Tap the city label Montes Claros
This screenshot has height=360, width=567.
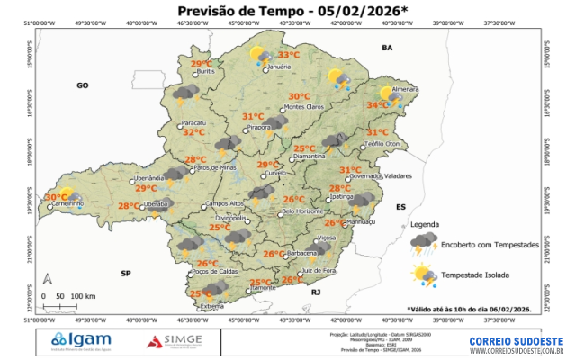303,107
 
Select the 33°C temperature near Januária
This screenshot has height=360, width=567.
288,54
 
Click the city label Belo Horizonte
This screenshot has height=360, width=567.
302,211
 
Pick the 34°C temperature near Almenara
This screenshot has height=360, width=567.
377,105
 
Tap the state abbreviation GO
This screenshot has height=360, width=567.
83,85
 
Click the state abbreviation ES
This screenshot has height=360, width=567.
400,207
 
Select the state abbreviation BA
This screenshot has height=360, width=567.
388,47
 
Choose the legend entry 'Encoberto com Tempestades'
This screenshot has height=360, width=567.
490,245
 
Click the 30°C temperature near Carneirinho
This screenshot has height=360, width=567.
56,197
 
